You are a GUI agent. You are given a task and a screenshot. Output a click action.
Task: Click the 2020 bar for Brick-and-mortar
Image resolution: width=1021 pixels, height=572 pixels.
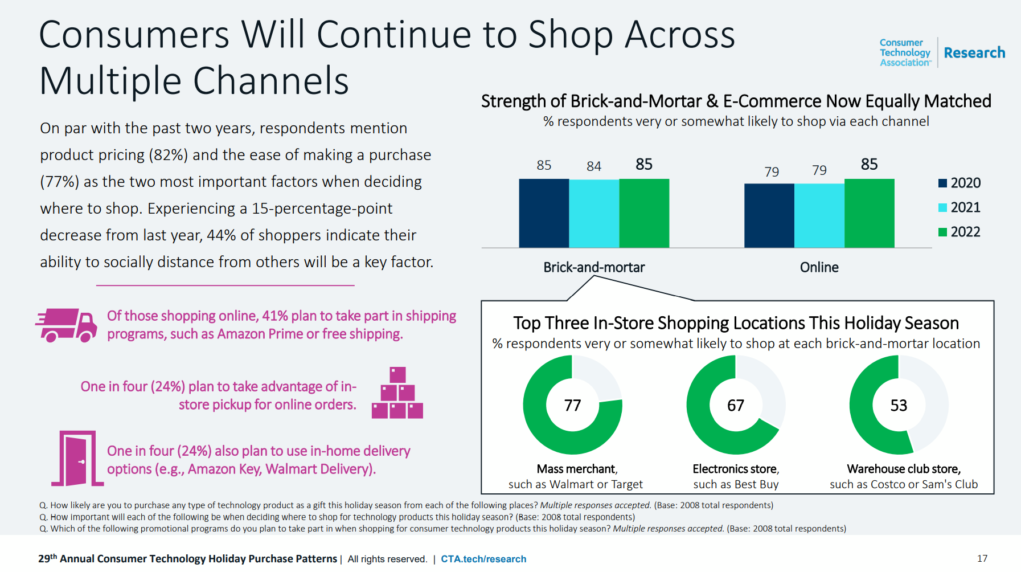click(x=544, y=213)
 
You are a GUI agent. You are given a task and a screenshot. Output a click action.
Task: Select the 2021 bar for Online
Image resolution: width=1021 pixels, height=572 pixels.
click(x=819, y=215)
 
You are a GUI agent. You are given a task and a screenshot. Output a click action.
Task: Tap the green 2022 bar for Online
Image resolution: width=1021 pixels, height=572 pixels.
click(x=869, y=213)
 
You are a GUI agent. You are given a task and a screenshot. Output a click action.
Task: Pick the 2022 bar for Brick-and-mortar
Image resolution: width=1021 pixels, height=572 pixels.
click(x=644, y=213)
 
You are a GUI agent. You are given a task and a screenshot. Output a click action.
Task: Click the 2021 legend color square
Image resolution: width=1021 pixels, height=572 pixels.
click(x=942, y=207)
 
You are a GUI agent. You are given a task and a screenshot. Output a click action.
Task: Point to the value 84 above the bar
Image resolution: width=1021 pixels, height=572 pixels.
click(x=594, y=166)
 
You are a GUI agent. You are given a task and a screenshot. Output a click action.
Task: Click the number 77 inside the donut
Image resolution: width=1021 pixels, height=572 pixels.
click(x=572, y=405)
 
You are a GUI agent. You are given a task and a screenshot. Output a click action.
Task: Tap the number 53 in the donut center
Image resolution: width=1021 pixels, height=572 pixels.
click(x=899, y=405)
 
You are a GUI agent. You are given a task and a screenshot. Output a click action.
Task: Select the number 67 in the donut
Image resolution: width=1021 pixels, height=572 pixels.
click(x=736, y=405)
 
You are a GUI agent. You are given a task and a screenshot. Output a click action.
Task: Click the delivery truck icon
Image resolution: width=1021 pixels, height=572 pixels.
click(x=66, y=325)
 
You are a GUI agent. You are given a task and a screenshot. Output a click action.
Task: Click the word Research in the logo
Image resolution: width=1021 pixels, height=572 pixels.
click(x=974, y=53)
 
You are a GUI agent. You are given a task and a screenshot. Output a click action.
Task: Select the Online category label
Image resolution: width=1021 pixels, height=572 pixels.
click(x=819, y=267)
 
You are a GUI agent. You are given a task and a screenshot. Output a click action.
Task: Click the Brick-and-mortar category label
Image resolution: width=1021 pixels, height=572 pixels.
click(x=594, y=267)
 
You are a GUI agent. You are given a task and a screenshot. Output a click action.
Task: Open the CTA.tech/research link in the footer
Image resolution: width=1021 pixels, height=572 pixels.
click(x=483, y=559)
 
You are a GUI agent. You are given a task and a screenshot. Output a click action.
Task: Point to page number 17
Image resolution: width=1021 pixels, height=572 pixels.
click(x=982, y=558)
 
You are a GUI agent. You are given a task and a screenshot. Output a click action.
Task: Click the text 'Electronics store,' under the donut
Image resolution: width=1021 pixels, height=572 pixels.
click(x=736, y=469)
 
